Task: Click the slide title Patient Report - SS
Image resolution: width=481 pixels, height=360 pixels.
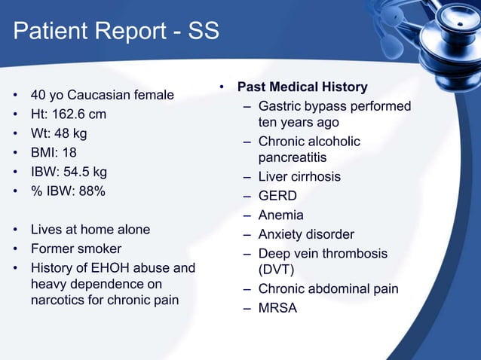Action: pos(117,32)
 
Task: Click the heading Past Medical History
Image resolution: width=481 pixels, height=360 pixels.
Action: pos(302,87)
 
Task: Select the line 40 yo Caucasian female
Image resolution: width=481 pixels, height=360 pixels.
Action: pos(102,96)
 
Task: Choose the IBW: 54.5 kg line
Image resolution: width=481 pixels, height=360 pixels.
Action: pos(69,172)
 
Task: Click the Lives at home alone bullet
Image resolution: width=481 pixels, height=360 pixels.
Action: pos(90,230)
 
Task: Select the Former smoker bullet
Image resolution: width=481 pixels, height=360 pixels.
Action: pos(75,249)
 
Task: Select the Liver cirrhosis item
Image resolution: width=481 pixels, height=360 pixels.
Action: pos(299,177)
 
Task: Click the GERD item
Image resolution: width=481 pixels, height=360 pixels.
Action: pos(277,196)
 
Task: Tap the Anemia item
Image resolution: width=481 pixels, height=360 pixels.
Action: pos(280,215)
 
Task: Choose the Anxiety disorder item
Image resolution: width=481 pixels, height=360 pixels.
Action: pos(306,235)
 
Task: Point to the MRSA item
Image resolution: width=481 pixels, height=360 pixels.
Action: pos(277,308)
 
